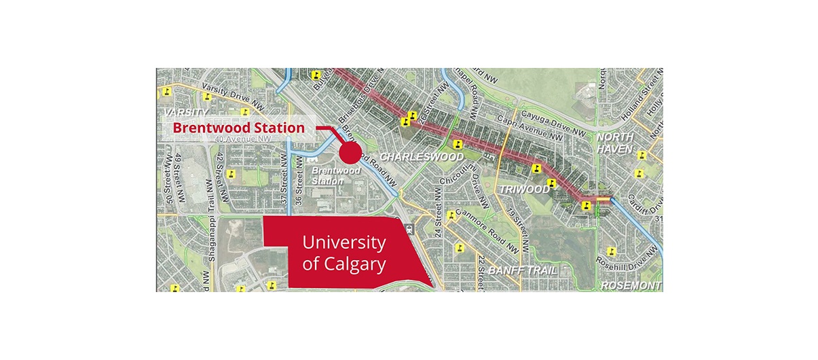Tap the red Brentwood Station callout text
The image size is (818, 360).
pos(238,127)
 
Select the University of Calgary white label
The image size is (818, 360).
pos(343,253)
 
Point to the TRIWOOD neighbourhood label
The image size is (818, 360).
pos(524,190)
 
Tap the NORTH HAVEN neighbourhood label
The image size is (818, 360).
pos(614,143)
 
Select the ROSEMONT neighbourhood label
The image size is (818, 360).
pos(631,285)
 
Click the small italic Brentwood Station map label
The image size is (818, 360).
pos(327,177)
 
